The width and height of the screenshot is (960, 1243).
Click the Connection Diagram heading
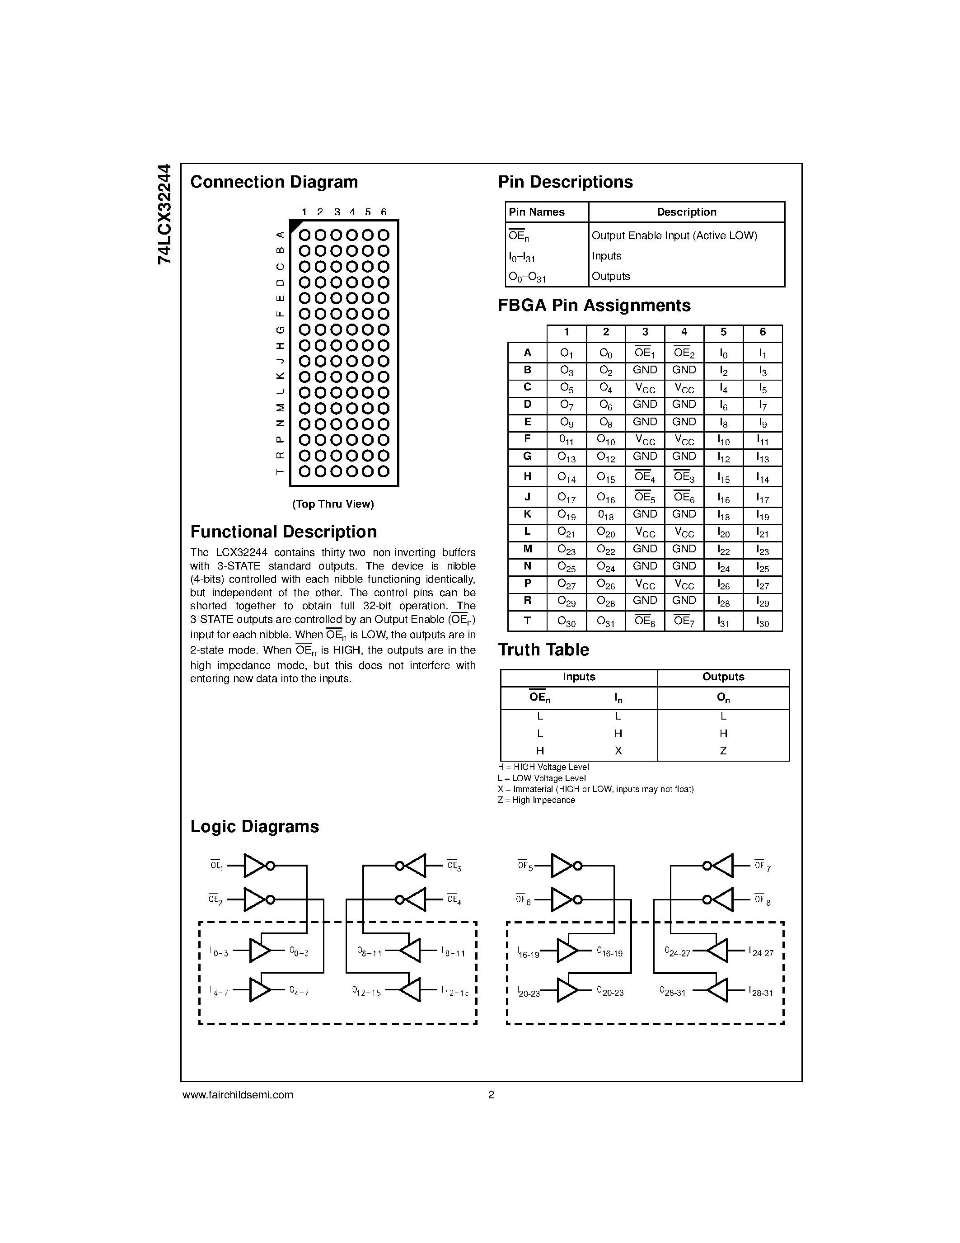[x=274, y=182]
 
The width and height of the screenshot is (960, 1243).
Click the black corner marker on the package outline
[x=295, y=226]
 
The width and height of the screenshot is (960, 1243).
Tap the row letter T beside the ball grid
[x=279, y=471]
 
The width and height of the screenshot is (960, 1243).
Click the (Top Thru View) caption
[x=332, y=504]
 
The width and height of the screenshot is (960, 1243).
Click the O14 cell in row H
[x=567, y=477]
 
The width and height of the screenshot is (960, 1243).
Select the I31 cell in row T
[x=723, y=621]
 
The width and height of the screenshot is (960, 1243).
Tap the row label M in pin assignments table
[x=527, y=549]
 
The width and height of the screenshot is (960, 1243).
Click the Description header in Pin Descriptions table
[x=686, y=212]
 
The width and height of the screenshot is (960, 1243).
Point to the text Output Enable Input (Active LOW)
[x=674, y=235]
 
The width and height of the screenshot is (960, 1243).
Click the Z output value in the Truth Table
[x=723, y=751]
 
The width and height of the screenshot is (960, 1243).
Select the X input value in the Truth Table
[x=618, y=751]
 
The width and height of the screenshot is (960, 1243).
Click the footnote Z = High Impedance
[x=536, y=800]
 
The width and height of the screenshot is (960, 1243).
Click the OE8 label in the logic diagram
[x=762, y=900]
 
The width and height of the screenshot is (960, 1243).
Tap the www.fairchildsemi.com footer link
[x=238, y=1095]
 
